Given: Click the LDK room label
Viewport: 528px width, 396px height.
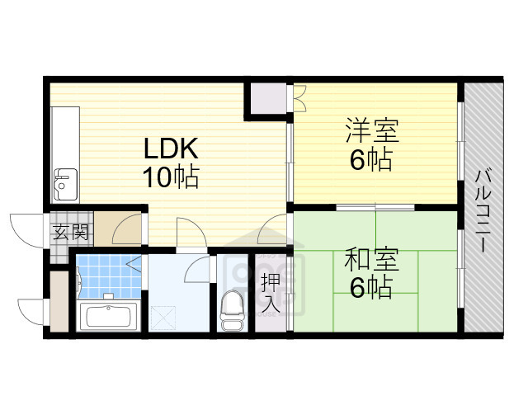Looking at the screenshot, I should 171,149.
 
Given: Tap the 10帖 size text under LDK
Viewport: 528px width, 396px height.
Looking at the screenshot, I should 171,177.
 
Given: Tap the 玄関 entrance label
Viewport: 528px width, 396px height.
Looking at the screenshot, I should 70,232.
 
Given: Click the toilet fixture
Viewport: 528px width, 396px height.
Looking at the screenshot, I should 232,309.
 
